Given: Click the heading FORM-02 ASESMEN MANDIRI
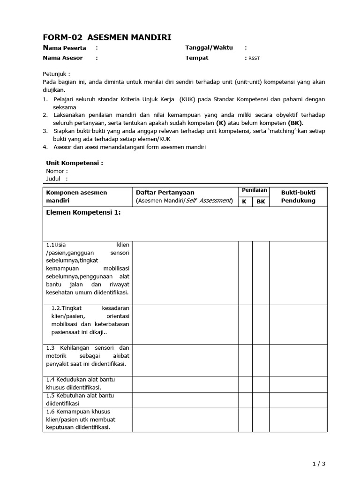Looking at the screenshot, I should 107,37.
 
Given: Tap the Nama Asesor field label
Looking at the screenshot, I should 62,58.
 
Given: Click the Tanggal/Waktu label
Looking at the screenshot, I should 209,48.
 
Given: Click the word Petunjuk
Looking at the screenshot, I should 56,74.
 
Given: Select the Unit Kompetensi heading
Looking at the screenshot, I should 74,163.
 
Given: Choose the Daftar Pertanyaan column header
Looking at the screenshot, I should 165,192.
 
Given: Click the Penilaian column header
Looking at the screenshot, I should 254,190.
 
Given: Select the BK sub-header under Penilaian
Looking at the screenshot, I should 261,201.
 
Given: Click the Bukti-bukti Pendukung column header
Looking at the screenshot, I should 298,196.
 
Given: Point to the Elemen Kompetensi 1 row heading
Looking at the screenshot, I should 83,212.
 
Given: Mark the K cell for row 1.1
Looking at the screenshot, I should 245,271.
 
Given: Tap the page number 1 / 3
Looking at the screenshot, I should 319,464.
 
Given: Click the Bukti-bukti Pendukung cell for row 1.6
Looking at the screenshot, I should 298,420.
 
